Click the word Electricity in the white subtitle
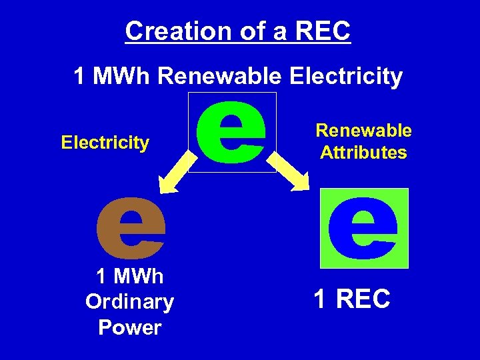tap(346, 77)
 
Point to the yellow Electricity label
tap(105, 142)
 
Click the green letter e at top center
tap(231, 132)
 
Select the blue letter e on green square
tap(363, 227)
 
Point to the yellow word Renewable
tap(363, 131)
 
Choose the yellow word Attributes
tap(363, 153)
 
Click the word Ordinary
tap(129, 302)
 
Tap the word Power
tap(129, 327)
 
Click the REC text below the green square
tap(363, 300)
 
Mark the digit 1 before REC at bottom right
tap(320, 300)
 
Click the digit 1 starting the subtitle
tap(79, 77)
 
